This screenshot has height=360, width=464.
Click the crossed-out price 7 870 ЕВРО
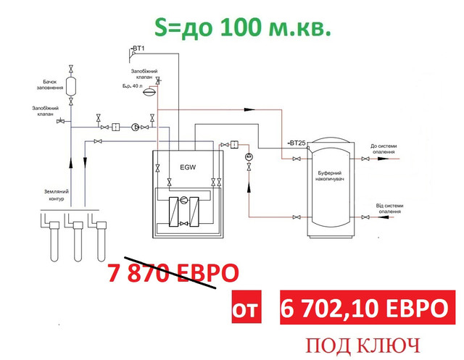[173, 274]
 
